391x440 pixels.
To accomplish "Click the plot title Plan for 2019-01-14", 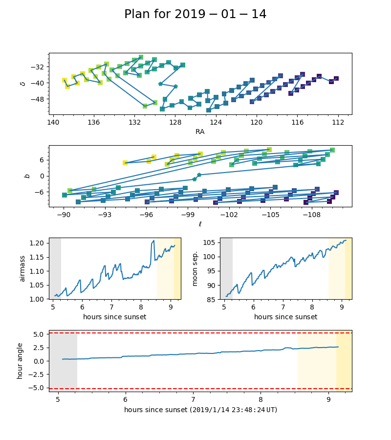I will [x=195, y=15].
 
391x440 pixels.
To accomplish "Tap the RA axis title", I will [x=200, y=132].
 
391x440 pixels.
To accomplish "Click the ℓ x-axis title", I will [x=200, y=224].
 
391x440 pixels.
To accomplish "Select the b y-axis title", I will [x=27, y=176].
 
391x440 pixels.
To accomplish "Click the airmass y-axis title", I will [x=22, y=268].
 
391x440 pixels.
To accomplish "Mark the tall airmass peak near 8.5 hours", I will [x=153, y=241].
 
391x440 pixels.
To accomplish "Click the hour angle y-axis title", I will [x=20, y=361].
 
